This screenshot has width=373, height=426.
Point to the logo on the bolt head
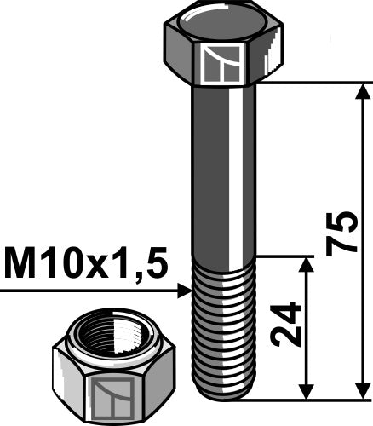223,63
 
